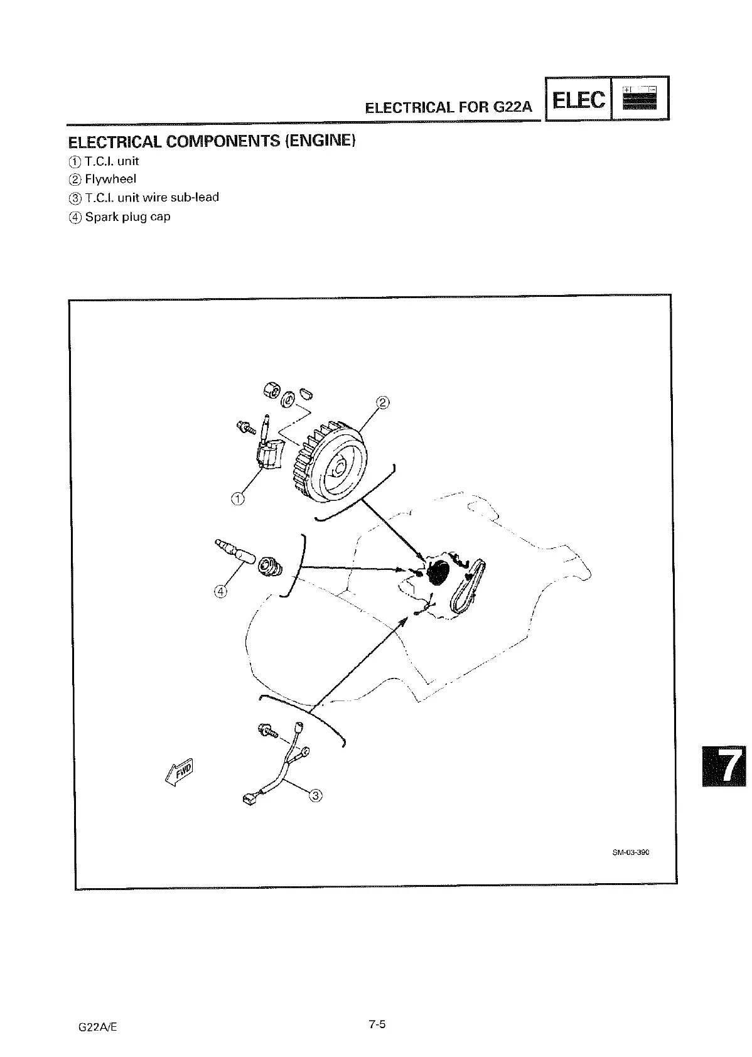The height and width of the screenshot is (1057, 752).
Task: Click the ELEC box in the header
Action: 579,100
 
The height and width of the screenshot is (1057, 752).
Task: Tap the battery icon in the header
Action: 638,99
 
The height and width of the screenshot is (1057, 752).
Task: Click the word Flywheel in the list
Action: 110,179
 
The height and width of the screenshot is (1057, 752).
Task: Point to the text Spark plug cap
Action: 127,217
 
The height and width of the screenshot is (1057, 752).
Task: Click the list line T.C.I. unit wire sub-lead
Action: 152,198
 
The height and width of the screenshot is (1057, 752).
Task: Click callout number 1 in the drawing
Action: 237,499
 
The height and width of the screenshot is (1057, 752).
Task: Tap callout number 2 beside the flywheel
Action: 383,403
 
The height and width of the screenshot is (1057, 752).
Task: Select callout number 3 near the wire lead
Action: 316,796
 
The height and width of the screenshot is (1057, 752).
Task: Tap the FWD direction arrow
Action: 180,771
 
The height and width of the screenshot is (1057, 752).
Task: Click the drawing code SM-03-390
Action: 630,852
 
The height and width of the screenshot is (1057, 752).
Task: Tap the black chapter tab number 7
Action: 725,765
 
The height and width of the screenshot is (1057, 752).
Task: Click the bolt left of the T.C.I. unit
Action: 244,427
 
